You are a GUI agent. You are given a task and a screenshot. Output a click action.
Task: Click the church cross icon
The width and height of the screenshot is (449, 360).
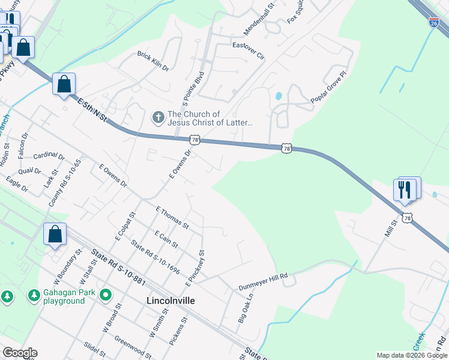pos(158,118)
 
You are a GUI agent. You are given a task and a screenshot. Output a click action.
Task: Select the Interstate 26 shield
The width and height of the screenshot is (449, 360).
pos(433,23)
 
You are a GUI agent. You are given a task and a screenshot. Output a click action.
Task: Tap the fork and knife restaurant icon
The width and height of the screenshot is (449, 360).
pos(404,190)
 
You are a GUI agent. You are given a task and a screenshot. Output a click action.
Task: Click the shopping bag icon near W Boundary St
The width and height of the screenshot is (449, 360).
pos(55,235)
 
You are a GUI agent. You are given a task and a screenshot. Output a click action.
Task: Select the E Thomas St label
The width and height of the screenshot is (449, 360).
pos(172,218)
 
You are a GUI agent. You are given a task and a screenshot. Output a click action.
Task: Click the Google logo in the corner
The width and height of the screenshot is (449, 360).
pos(20,353)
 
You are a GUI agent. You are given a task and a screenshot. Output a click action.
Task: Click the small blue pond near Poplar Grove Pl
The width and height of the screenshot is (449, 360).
pos(278,96)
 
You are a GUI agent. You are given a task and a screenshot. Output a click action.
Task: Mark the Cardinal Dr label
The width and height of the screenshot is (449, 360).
pos(49,157)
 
